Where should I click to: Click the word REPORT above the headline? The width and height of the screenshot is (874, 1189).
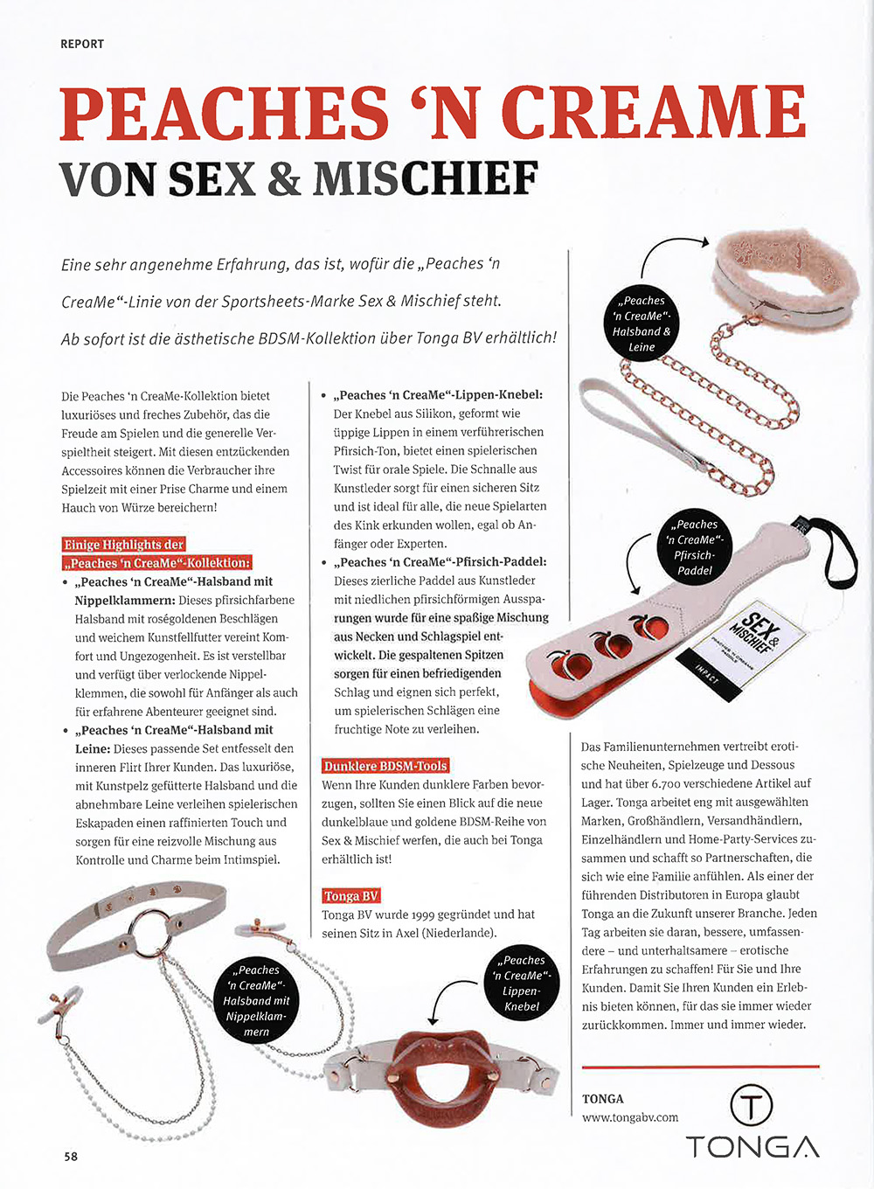pos(82,44)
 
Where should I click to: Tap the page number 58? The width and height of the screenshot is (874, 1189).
pos(71,1156)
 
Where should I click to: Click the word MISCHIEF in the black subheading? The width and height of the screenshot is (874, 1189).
pos(425,179)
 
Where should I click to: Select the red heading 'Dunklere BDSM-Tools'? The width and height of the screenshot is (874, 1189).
pos(385,766)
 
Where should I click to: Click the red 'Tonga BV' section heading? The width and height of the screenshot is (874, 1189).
pos(350,895)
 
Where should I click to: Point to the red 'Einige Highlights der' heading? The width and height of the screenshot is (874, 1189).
pos(124,544)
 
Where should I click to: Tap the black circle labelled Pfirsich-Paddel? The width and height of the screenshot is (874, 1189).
pos(696,547)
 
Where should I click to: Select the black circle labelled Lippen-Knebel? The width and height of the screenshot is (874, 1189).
pos(523,983)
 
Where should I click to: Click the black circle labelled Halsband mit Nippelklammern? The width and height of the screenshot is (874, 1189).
pos(256,1000)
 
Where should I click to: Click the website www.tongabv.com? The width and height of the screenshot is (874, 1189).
pos(630,1116)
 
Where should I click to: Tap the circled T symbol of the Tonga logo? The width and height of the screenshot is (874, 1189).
pos(751,1104)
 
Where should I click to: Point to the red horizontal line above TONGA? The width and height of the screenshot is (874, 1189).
pos(700,1067)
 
